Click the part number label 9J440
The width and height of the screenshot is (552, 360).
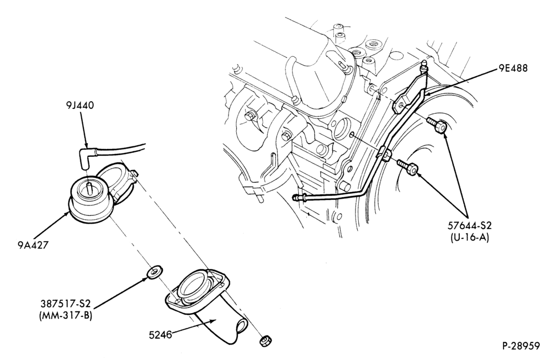click(79, 105)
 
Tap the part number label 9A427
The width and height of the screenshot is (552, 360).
click(33, 245)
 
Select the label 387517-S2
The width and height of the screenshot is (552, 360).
click(66, 303)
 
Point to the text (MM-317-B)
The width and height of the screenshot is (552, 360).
click(66, 315)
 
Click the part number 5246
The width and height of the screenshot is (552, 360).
click(160, 335)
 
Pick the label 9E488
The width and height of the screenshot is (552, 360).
click(513, 68)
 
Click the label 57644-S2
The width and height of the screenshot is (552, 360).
click(470, 226)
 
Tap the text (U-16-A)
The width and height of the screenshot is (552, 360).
click(470, 238)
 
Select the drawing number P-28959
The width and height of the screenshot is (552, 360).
click(521, 346)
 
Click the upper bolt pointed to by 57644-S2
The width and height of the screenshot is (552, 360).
click(437, 124)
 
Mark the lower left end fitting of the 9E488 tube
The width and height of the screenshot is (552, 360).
click(299, 198)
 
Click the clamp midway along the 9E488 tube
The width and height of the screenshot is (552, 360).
click(386, 153)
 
